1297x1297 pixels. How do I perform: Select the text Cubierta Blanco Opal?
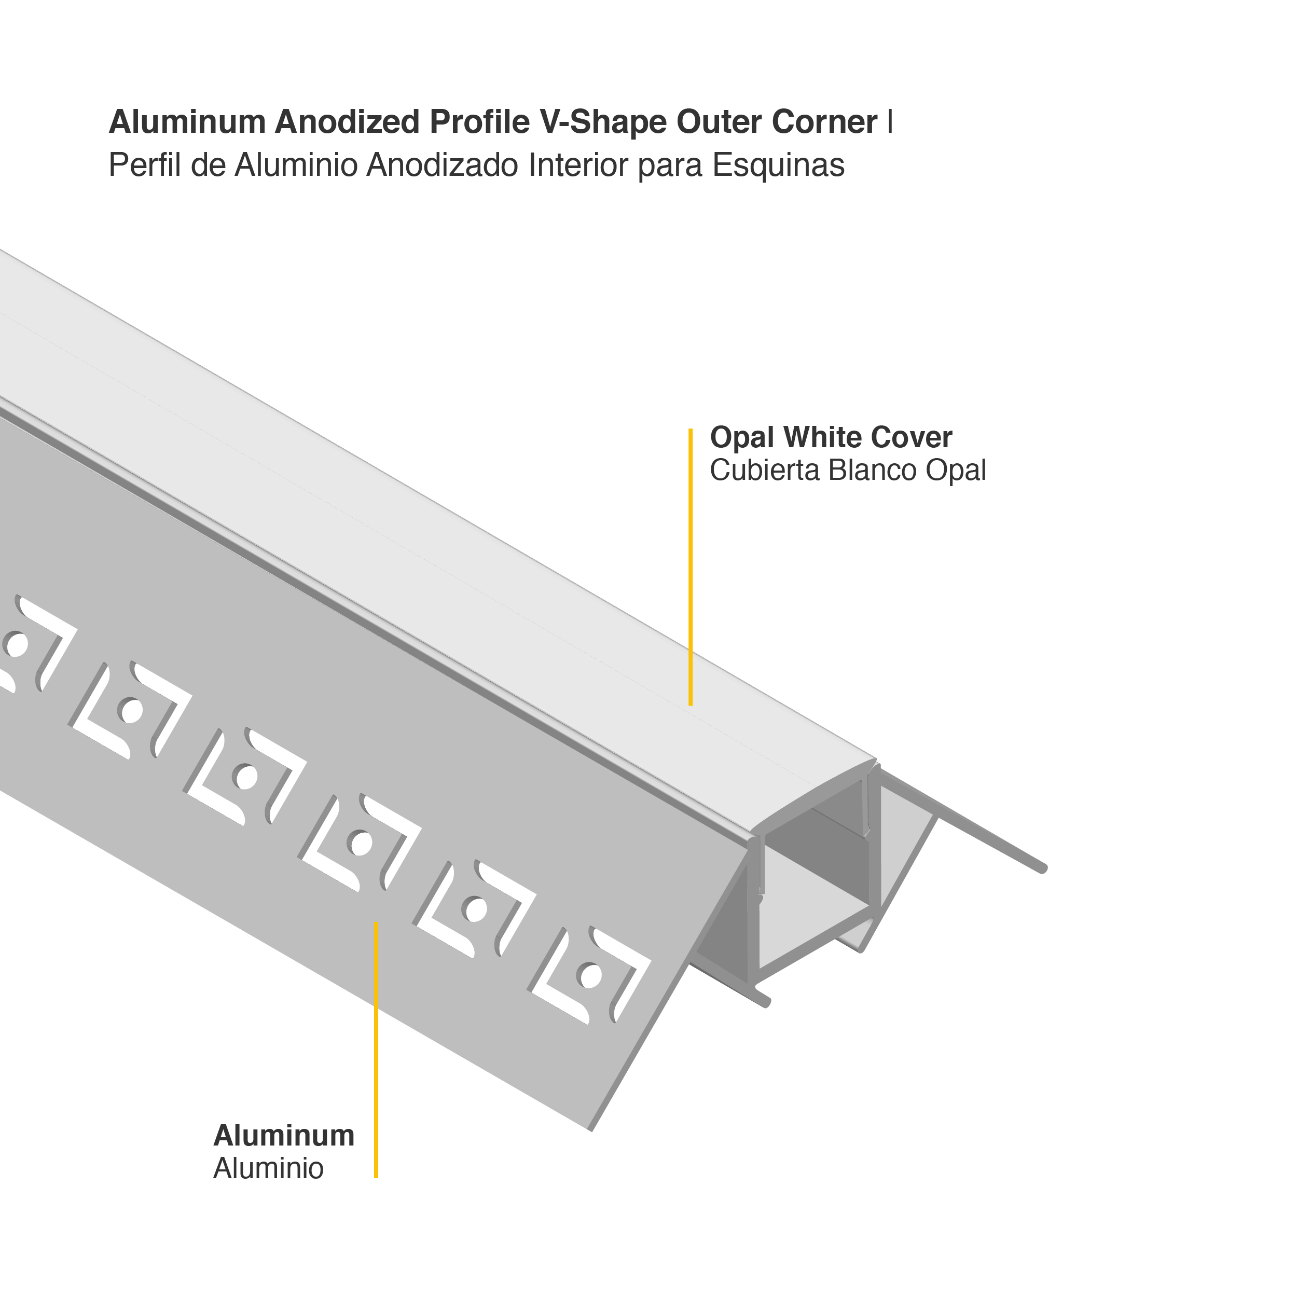pyautogui.click(x=847, y=471)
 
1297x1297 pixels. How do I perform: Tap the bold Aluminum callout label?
pyautogui.click(x=284, y=1136)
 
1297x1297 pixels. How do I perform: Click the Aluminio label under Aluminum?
pyautogui.click(x=269, y=1169)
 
